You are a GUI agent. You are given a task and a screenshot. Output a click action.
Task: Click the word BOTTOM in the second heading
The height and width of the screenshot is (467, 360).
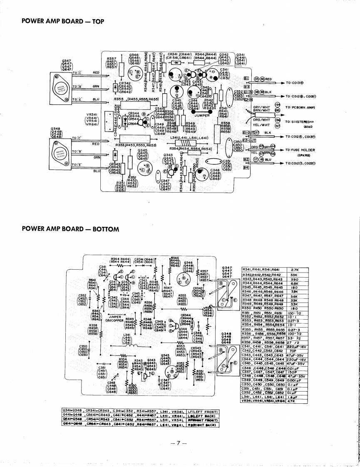click(x=106, y=229)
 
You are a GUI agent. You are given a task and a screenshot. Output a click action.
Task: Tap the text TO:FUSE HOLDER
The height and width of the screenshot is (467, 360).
click(x=300, y=150)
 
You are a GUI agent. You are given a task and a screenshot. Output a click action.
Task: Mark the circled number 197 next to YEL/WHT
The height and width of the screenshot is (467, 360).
click(x=278, y=124)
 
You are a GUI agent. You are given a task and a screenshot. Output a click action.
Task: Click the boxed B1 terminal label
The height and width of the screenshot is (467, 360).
click(x=246, y=78)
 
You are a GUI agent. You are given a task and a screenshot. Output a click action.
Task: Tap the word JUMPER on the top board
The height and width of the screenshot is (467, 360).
click(x=202, y=116)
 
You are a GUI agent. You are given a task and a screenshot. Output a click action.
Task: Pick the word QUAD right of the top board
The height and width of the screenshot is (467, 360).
click(x=308, y=128)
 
